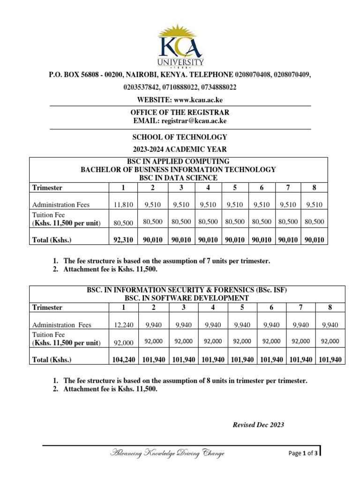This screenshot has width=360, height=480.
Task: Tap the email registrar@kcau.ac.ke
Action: (194, 121)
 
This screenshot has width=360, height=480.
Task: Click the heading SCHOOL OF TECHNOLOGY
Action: (180, 137)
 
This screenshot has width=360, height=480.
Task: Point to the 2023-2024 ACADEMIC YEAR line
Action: (180, 150)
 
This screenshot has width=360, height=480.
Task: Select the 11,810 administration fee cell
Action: (124, 204)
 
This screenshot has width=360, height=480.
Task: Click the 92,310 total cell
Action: (124, 240)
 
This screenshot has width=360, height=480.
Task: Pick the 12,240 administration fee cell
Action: (124, 324)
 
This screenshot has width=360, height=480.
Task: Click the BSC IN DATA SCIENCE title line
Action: (179, 178)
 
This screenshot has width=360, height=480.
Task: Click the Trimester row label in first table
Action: (47, 188)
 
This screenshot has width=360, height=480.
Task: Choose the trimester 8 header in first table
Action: (315, 188)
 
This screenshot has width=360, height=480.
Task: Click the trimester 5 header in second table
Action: (242, 307)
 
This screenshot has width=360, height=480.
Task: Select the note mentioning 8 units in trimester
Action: (185, 381)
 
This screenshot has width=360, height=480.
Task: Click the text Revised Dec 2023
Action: (258, 425)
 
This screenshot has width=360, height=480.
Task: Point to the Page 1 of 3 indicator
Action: (303, 453)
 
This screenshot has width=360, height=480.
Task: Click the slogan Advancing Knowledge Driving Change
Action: (167, 453)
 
